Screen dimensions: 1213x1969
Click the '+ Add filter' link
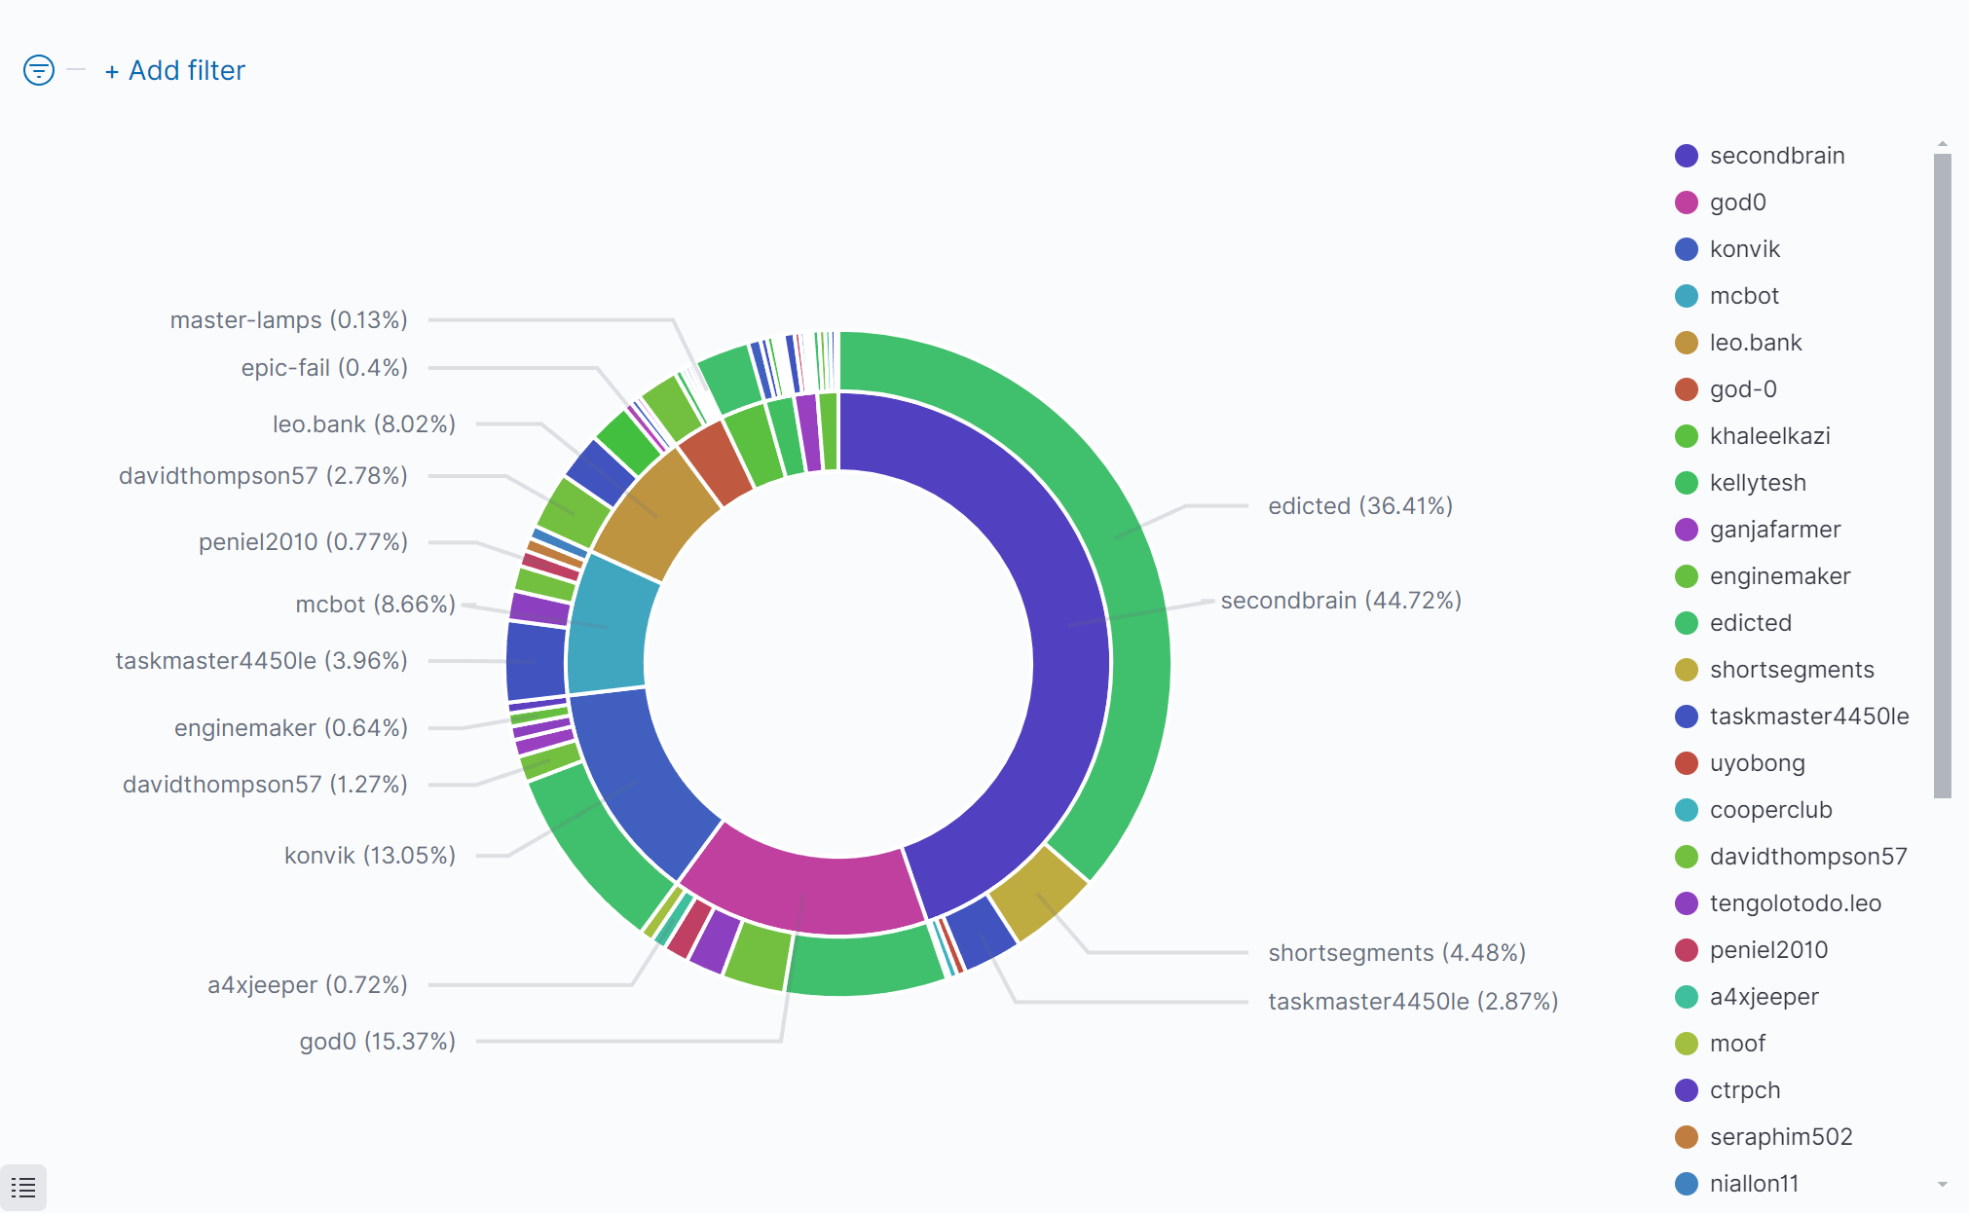click(x=175, y=71)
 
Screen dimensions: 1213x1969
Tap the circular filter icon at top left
click(x=39, y=70)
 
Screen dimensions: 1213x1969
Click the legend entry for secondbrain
click(x=1776, y=156)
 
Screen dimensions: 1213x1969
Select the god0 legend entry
click(x=1737, y=202)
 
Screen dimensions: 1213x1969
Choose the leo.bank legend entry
click(x=1755, y=343)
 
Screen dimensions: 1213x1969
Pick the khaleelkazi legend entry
click(x=1769, y=436)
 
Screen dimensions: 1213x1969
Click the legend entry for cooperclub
click(x=1770, y=810)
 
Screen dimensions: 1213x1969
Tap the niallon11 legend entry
click(x=1754, y=1184)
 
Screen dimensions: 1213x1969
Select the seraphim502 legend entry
click(x=1780, y=1137)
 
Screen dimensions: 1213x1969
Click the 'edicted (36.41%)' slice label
click(x=1359, y=506)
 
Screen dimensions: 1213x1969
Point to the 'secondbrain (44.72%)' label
click(x=1340, y=601)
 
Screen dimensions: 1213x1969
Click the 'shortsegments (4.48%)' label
click(x=1396, y=953)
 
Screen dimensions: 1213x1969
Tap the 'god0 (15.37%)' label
click(x=377, y=1042)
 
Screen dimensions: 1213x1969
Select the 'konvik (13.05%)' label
click(x=369, y=856)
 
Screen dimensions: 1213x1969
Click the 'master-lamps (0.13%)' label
click(x=288, y=320)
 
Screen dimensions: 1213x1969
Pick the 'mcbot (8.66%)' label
click(x=375, y=605)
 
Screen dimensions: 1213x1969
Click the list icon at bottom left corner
click(x=23, y=1188)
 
